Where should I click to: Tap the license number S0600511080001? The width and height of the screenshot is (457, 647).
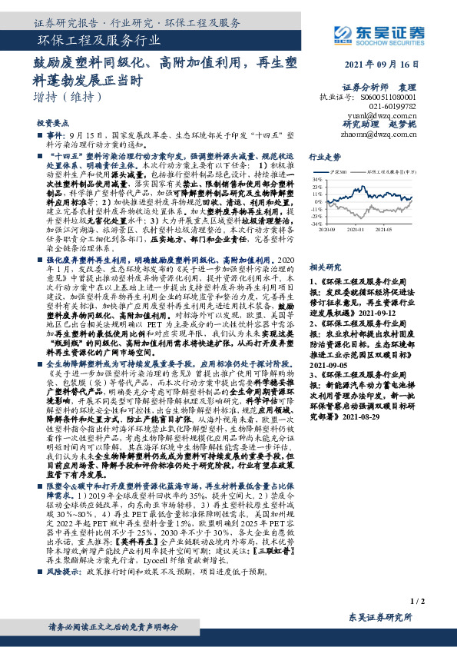(x=388, y=98)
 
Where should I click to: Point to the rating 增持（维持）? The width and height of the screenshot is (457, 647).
(x=68, y=98)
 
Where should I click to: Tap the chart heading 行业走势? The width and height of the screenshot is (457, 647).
(x=323, y=155)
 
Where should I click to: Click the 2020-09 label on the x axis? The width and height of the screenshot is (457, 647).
(x=329, y=229)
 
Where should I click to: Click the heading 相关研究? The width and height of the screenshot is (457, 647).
(x=323, y=267)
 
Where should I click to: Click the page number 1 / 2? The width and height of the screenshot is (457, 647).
(x=418, y=600)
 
